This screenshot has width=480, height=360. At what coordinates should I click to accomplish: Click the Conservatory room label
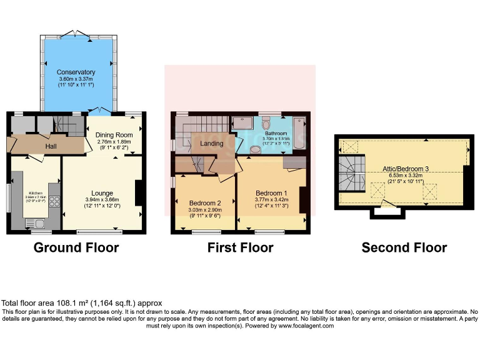[76, 72]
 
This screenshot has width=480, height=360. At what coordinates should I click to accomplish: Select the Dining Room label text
[114, 135]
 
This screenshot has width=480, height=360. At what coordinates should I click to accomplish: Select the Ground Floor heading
[76, 247]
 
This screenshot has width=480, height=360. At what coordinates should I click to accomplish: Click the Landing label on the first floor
[211, 144]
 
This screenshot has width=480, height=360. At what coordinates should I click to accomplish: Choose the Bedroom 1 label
[271, 192]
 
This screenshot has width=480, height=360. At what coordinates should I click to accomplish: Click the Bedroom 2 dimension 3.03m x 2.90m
[206, 210]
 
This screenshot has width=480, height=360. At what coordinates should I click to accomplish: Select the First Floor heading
[240, 247]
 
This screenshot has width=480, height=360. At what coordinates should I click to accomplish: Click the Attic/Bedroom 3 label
[406, 169]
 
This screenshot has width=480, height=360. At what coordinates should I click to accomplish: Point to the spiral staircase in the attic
[350, 172]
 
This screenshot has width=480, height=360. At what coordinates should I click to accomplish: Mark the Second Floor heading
[404, 247]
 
